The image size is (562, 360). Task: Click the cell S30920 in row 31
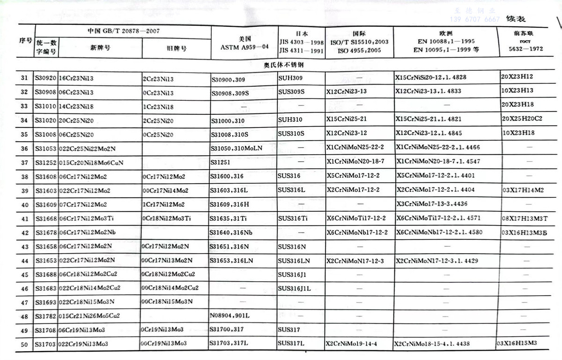tap(46, 77)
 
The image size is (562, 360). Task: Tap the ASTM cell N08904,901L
tap(229, 315)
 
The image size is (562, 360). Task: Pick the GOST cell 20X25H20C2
tap(522, 119)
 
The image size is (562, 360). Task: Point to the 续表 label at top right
tap(516, 19)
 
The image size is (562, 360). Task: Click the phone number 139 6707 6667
tap(474, 19)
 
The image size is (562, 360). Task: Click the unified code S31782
tap(46, 315)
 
